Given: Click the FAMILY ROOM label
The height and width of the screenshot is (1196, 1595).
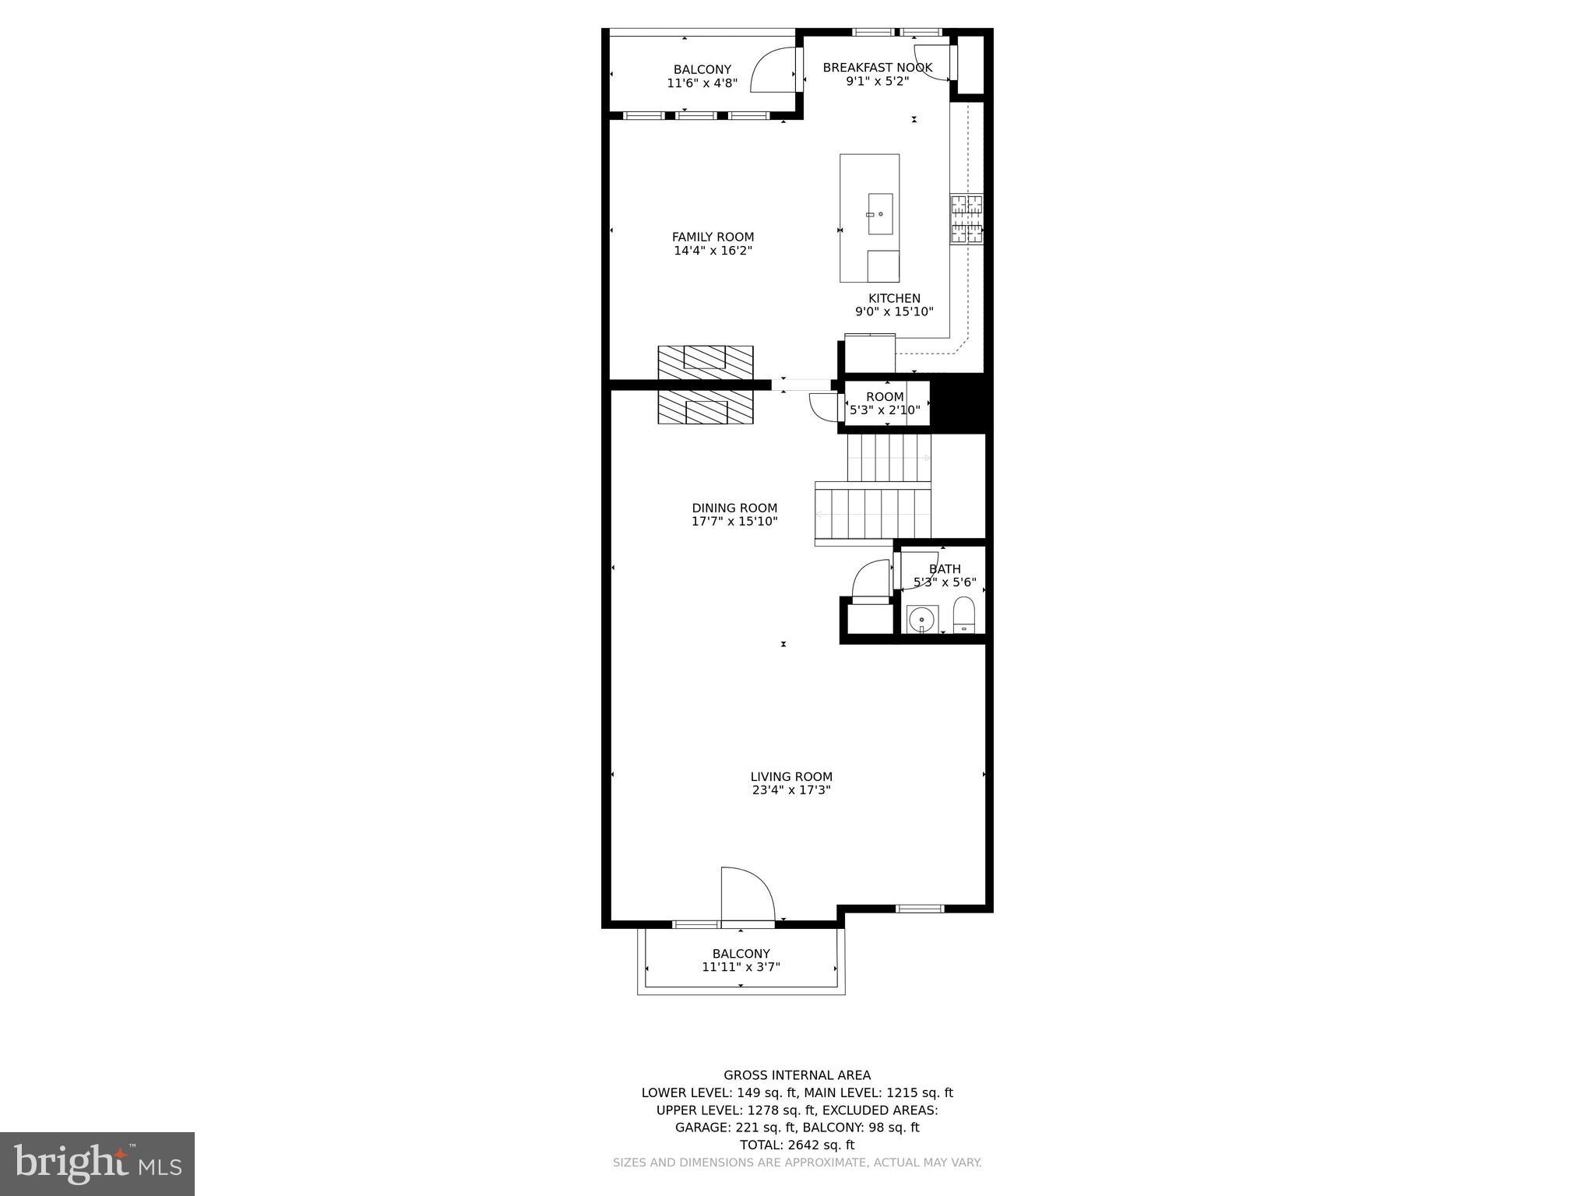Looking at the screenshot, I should point(713,237).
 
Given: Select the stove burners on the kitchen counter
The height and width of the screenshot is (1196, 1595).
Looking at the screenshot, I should point(966,219).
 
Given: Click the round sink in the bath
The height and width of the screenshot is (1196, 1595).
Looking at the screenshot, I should point(922,620).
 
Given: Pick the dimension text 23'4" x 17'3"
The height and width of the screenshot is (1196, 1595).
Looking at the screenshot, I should point(791,790).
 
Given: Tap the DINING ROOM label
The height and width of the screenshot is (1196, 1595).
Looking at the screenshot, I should point(734,508).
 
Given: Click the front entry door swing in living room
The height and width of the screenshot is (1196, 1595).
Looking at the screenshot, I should point(746,895).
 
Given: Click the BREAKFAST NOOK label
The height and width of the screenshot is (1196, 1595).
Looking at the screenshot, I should point(877,68).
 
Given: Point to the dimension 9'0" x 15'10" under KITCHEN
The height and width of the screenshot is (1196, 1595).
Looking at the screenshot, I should point(894,312).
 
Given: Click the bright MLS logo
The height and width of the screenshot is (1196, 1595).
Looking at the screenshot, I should point(97,1164).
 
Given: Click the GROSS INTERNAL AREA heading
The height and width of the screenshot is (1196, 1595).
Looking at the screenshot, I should point(797,1075).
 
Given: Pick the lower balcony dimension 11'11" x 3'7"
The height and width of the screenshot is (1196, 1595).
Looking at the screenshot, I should point(741,967).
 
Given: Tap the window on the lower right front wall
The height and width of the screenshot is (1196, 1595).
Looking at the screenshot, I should point(919,909).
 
